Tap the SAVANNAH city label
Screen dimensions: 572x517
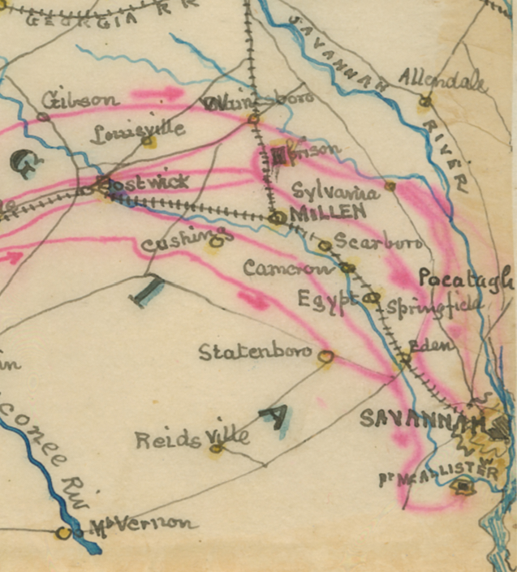412,419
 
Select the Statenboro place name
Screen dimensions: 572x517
256,352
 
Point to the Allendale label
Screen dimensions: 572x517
443,79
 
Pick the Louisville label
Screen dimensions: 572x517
137,131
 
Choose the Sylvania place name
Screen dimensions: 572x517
335,192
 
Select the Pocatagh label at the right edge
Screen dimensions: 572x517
467,279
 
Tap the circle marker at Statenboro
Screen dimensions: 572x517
326,355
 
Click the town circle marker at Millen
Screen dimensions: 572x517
278,217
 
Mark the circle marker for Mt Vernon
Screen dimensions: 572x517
63,533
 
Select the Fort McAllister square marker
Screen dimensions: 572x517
463,487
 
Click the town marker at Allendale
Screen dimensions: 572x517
424,102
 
